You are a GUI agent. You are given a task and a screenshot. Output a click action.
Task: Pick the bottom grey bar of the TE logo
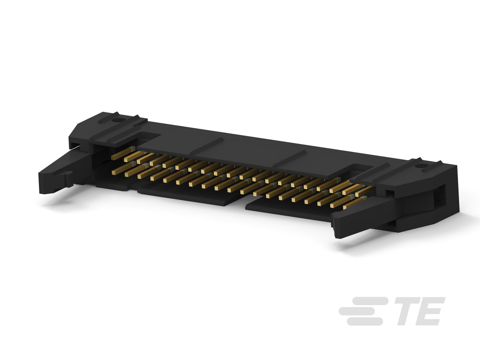[x=365, y=321]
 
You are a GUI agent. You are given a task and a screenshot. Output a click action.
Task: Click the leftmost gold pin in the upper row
[x=123, y=153]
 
